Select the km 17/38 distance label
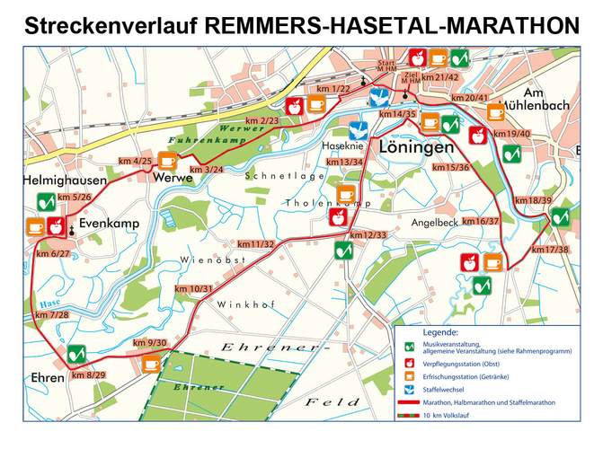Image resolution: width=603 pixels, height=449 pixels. (550, 249)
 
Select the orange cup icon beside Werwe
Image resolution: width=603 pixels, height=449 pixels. (167, 161)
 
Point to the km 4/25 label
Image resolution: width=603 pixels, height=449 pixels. (135, 161)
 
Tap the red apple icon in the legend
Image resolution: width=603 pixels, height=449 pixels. (411, 362)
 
